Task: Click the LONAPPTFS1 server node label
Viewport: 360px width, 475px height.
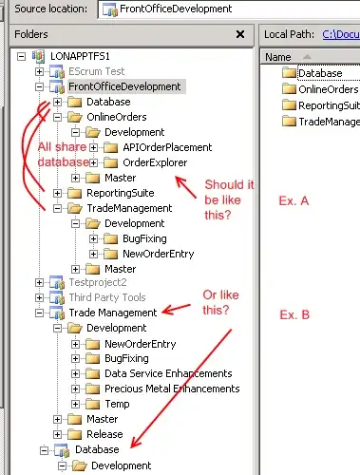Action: coord(80,56)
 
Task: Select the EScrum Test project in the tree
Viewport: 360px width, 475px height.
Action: coord(97,71)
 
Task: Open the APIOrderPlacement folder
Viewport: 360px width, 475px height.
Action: coord(167,147)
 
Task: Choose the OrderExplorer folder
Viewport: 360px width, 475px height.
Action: coord(155,162)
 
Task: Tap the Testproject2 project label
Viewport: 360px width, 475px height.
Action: coord(98,282)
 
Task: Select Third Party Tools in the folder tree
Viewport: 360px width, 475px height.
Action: coord(107,297)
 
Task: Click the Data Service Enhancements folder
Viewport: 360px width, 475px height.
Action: coord(168,373)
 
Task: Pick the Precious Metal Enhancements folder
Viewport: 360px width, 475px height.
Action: coord(172,389)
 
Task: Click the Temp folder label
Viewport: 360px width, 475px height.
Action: coord(117,404)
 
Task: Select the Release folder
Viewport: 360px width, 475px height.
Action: coord(104,434)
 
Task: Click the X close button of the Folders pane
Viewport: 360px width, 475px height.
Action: coord(240,34)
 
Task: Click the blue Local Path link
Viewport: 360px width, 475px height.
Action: coord(341,34)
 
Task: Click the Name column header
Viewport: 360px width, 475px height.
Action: coord(278,57)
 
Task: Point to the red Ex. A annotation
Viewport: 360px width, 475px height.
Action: coord(294,200)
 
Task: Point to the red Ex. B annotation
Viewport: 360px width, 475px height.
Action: coord(294,314)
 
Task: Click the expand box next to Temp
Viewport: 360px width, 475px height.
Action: coord(75,404)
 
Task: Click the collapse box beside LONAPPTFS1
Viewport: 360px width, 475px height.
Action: coord(21,57)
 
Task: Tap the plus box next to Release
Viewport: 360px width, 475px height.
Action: coord(57,434)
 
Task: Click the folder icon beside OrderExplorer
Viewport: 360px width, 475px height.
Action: coord(110,162)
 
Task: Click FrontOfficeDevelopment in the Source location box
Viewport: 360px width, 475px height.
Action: coord(176,9)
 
